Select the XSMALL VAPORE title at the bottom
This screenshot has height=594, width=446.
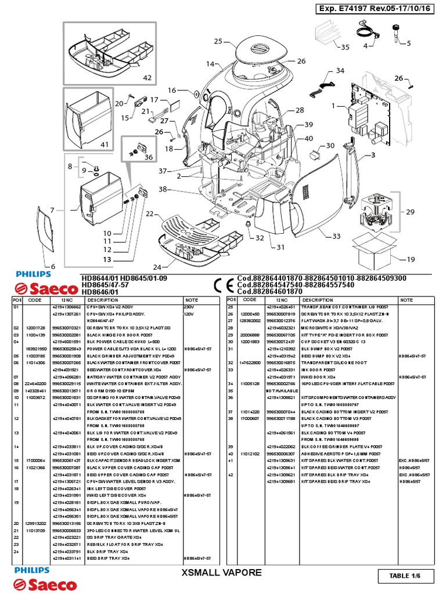click(x=222, y=573)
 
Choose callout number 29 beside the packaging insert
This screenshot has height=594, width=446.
click(x=409, y=212)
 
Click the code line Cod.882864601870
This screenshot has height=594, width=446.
click(x=269, y=292)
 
